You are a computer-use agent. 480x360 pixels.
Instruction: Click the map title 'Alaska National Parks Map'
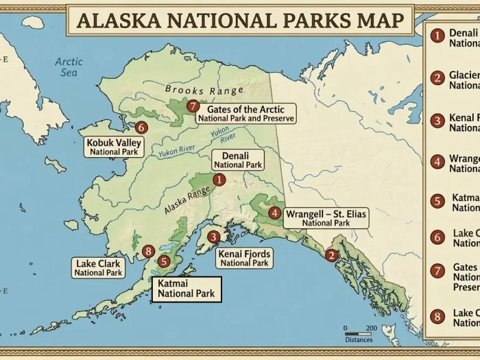239,19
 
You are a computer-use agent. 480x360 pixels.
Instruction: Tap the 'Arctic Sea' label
69,67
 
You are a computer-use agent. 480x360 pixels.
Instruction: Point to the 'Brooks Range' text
204,91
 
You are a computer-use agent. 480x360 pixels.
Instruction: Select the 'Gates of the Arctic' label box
245,113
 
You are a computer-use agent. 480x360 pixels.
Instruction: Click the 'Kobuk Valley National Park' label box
114,147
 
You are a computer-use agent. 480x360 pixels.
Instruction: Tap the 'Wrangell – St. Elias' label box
326,218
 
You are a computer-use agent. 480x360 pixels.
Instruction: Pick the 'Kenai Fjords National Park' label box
244,258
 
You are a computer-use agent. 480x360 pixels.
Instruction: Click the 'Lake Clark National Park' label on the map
98,267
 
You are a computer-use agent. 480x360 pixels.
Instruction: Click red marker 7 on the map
193,106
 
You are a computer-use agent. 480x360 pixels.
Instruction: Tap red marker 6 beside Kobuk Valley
141,127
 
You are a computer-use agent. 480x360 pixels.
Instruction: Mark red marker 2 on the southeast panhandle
331,256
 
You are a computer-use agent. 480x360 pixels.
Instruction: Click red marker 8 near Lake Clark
148,251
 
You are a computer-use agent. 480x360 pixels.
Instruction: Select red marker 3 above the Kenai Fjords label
213,237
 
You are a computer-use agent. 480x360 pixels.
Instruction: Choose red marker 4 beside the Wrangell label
274,213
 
